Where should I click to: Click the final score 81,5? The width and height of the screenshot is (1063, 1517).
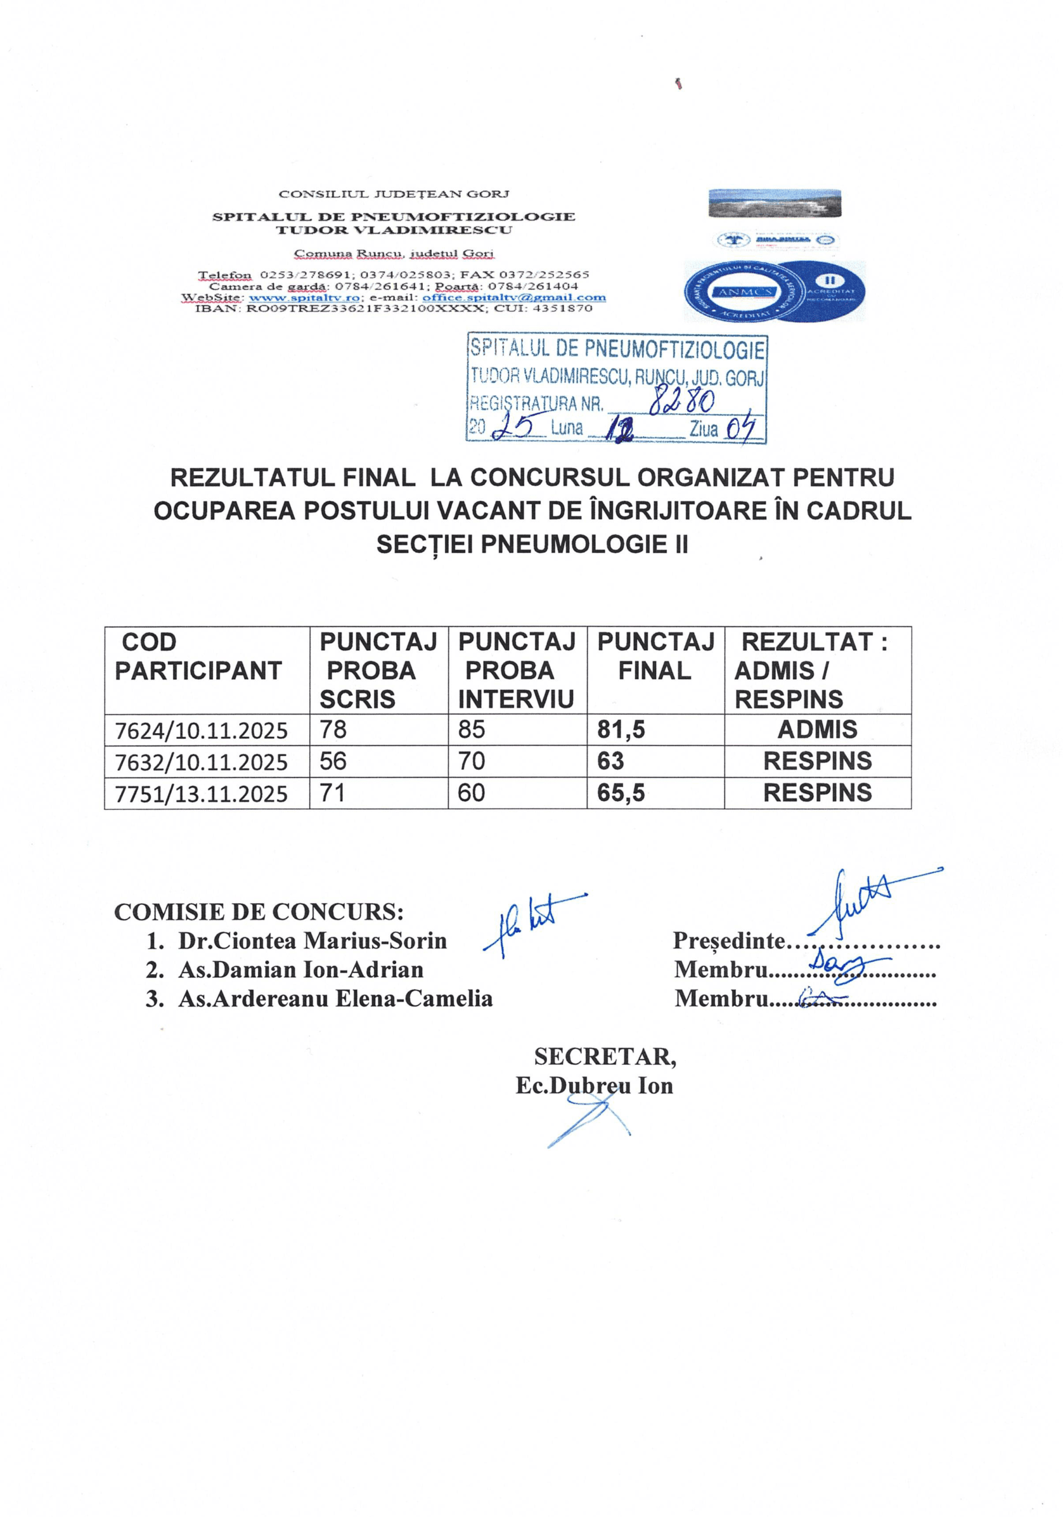pos(621,729)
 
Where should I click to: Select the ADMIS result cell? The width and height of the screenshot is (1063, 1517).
pos(817,729)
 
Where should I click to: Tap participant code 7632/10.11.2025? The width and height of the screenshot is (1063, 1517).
pos(201,762)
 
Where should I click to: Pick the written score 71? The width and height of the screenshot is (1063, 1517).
pos(333,792)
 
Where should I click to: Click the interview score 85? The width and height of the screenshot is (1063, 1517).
pos(471,729)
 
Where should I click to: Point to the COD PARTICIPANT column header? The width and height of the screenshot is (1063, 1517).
pos(198,656)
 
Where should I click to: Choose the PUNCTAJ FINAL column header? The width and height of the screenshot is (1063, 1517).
pos(655,656)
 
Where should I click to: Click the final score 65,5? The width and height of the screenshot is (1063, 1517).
pos(621,792)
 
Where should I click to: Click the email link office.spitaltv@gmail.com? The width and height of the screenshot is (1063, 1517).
pos(513,297)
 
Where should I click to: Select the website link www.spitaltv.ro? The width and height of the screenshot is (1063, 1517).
pos(304,297)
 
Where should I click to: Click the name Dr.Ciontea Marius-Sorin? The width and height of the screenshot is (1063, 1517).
pos(311,940)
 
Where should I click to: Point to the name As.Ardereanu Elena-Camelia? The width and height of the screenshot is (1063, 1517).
pos(335,998)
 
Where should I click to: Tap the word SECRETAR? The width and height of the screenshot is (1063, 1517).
pos(605,1057)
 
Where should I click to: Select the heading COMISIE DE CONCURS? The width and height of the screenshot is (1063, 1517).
pos(259,912)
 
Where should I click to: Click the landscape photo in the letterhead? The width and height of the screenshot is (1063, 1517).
pos(775,203)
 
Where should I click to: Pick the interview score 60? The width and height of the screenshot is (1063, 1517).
pos(471,792)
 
